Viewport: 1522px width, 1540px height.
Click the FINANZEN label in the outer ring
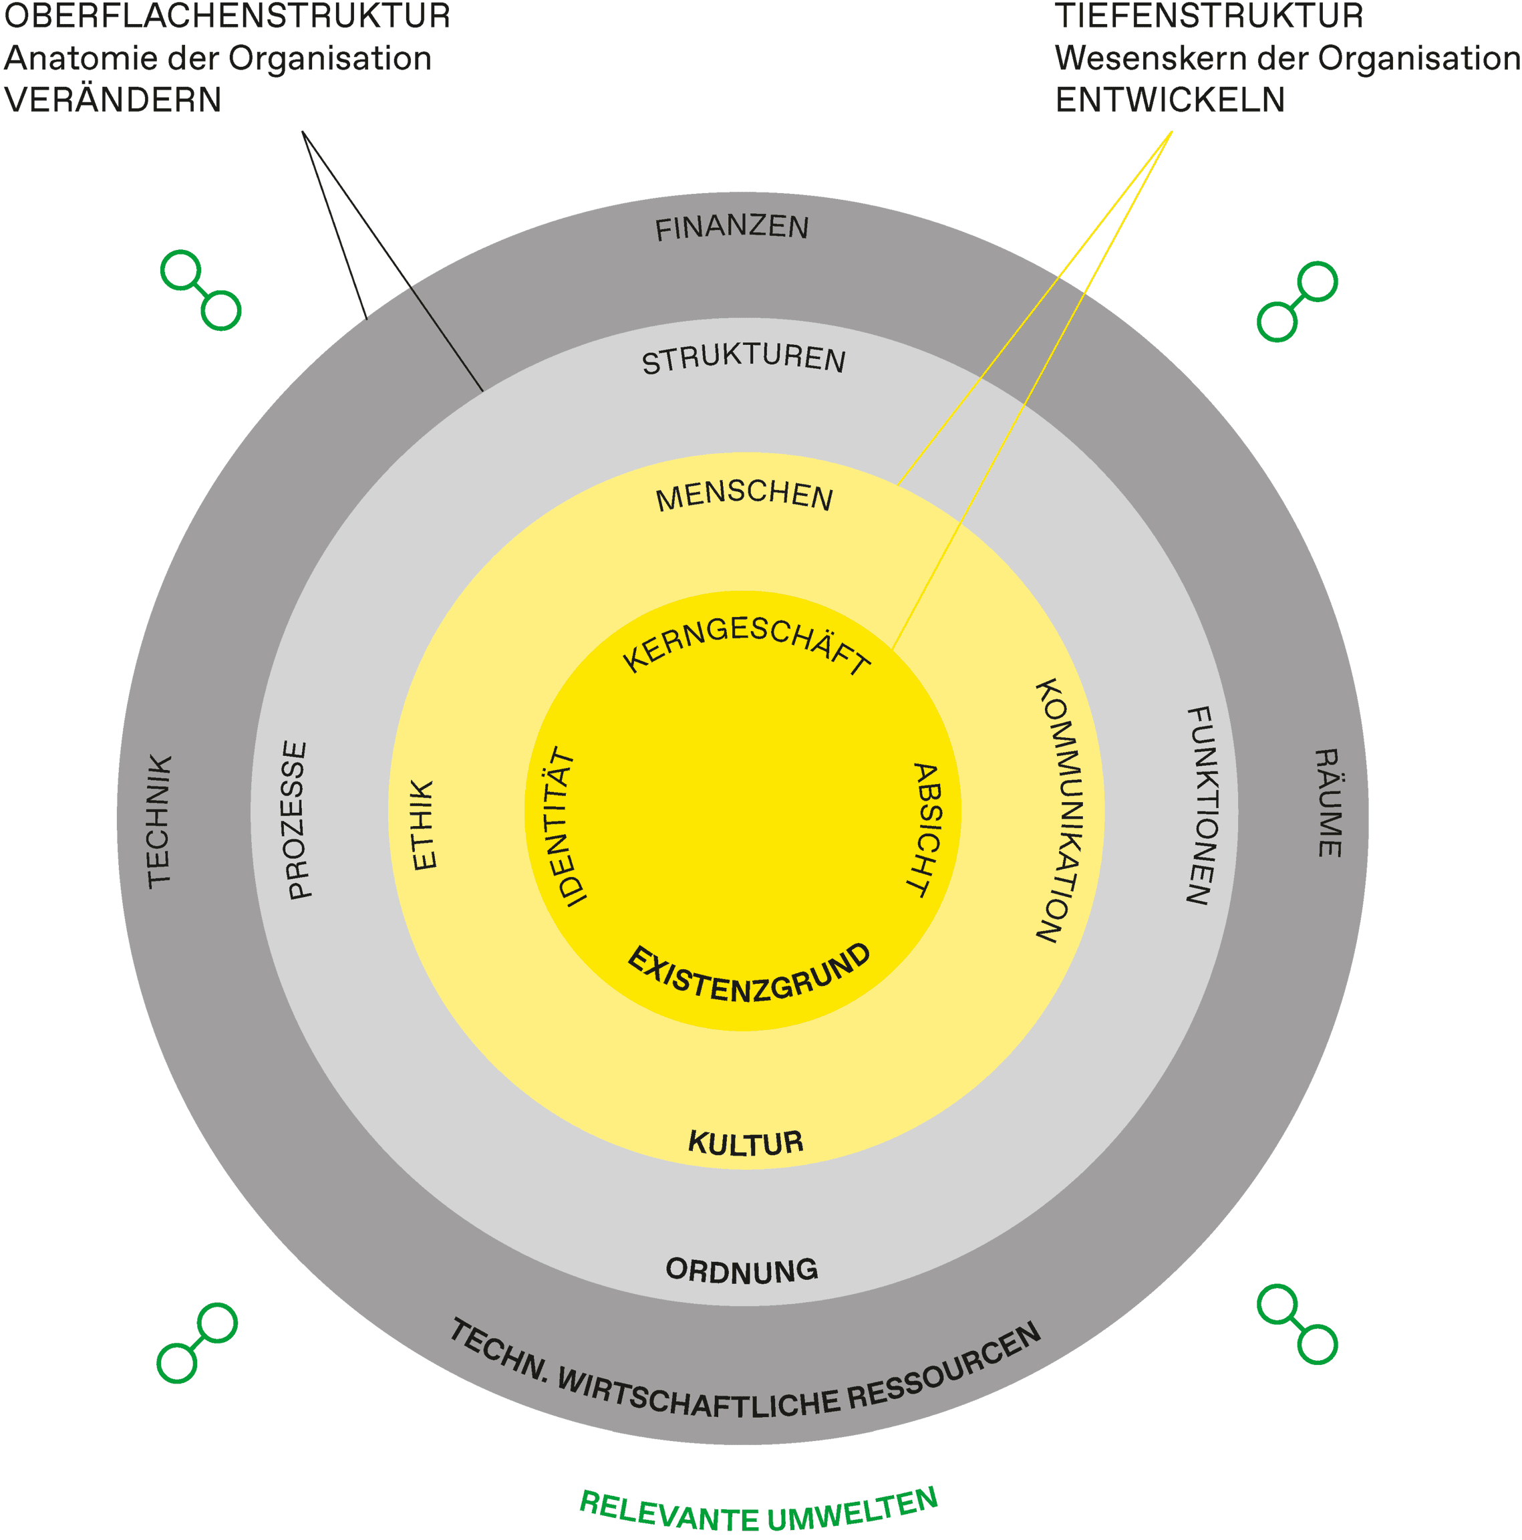coord(731,229)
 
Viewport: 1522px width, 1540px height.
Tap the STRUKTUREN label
coord(743,360)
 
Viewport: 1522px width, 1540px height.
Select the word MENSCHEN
coord(744,496)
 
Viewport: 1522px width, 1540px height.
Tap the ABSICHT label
coord(926,829)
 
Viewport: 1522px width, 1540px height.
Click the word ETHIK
coord(423,824)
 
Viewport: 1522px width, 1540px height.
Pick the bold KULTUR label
coord(745,1143)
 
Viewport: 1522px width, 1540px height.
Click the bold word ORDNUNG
coord(741,1271)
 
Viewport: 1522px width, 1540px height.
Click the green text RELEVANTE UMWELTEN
coord(758,1511)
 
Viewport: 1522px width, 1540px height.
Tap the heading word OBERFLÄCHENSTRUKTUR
coord(227,17)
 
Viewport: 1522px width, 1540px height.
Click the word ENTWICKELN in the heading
coord(1169,100)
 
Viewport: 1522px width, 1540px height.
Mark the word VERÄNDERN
coord(112,100)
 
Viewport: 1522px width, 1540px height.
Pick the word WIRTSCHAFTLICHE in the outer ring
coord(698,1398)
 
